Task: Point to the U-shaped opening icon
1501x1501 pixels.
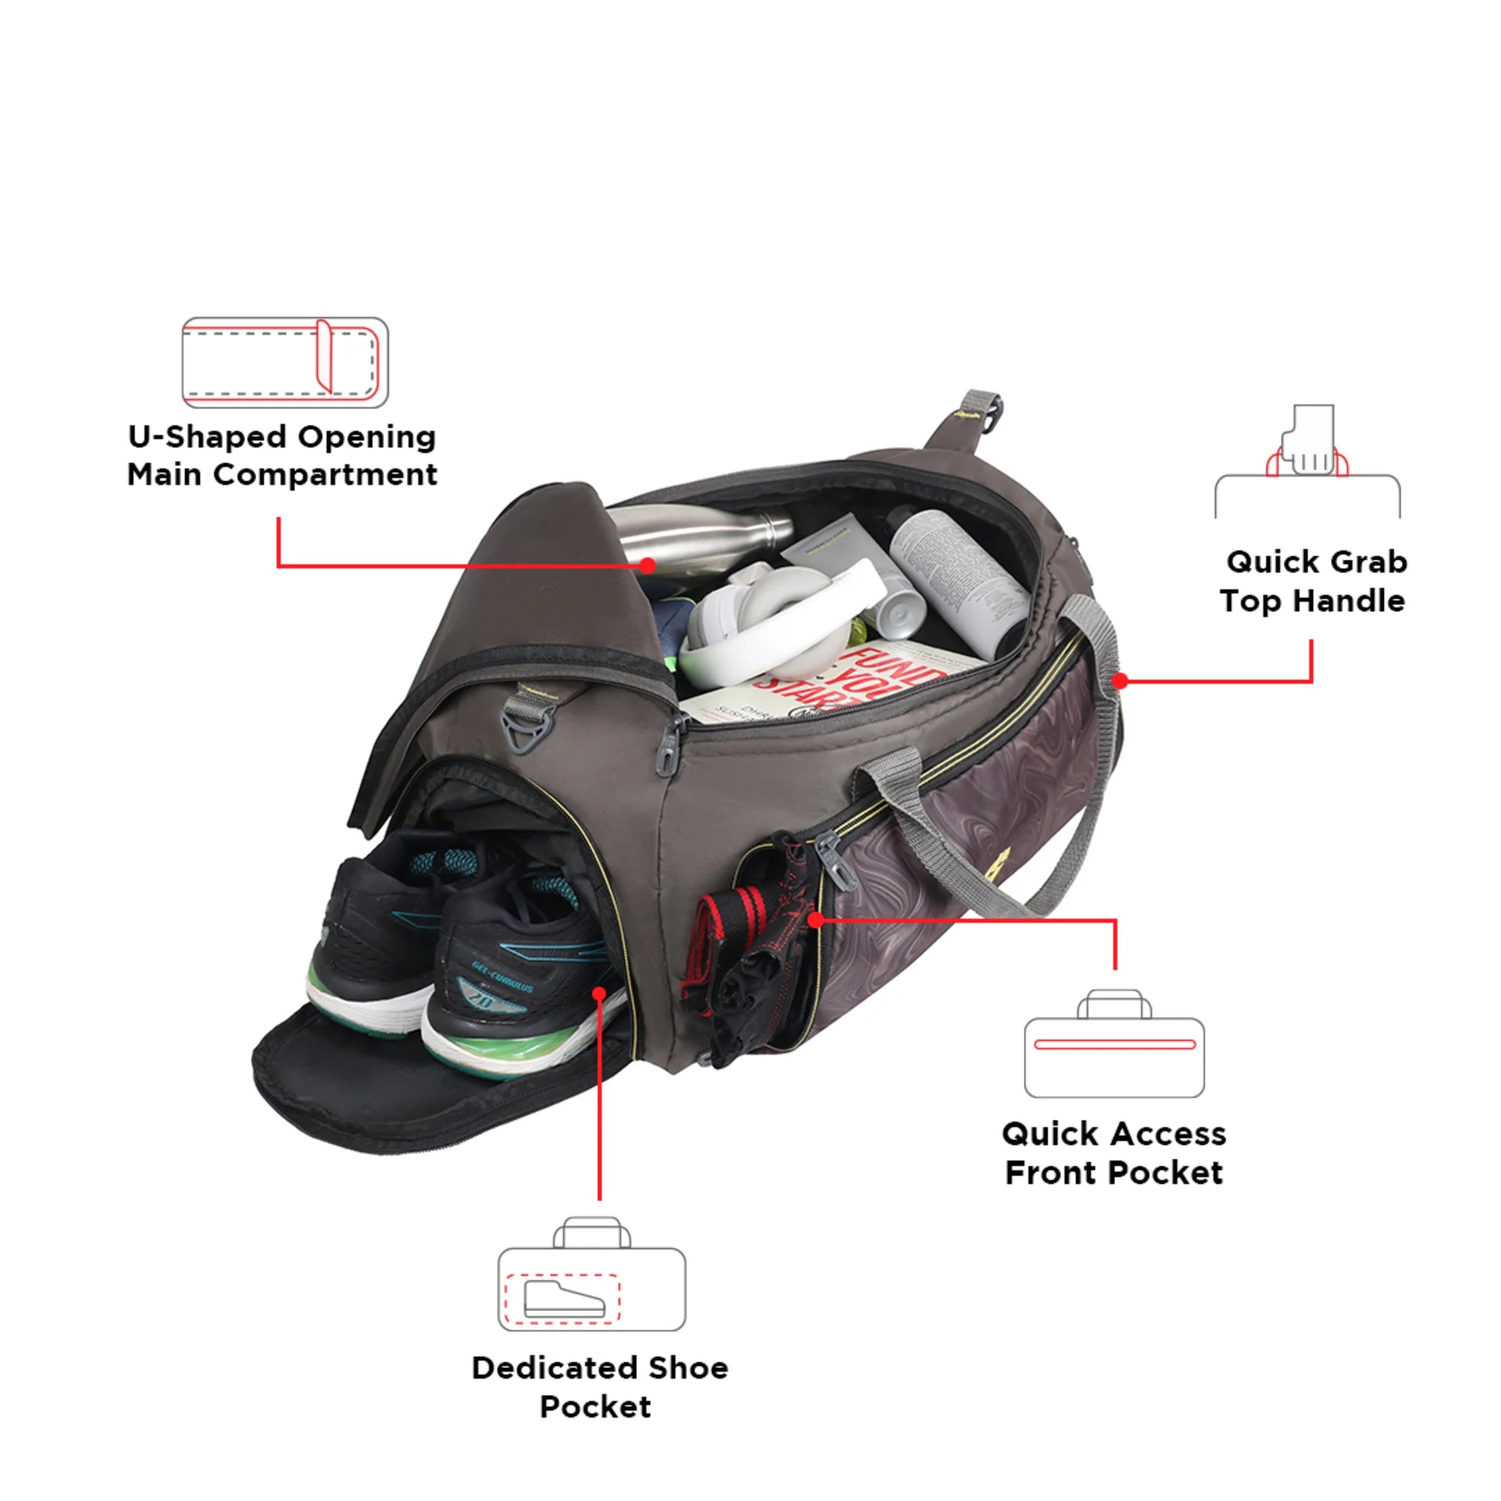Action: tap(284, 362)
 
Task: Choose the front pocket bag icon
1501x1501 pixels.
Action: tap(1114, 1045)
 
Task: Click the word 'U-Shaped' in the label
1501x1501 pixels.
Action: tap(207, 438)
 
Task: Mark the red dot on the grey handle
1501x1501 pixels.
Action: tap(1120, 681)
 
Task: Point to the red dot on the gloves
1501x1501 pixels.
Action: tap(815, 920)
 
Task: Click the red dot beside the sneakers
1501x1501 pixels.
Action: tap(599, 994)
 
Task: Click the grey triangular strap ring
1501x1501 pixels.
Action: tap(525, 731)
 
